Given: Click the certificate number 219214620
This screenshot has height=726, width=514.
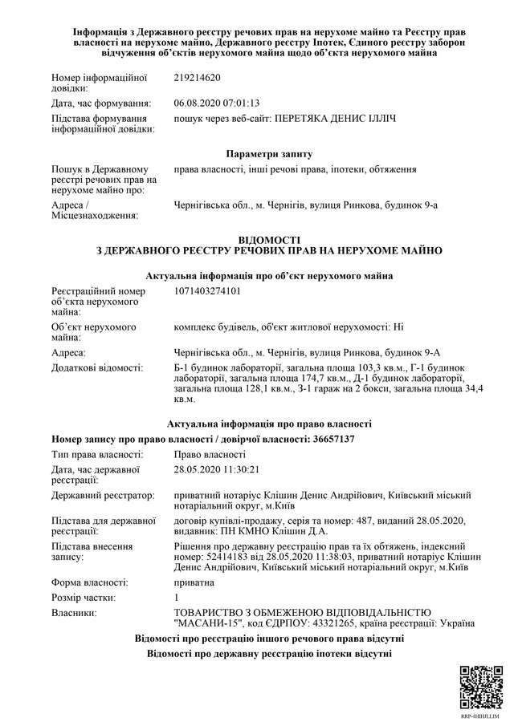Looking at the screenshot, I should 197,78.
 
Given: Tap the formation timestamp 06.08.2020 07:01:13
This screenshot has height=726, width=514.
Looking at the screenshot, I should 216,103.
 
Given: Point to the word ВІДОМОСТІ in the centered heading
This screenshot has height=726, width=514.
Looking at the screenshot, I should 269,240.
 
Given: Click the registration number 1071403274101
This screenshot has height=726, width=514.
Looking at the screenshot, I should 207,290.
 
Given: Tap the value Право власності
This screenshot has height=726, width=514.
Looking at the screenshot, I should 210,455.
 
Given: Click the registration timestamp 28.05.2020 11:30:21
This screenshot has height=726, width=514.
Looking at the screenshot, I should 216,469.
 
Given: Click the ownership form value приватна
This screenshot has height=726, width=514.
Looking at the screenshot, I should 194,582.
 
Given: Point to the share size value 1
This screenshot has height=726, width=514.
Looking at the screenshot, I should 177,598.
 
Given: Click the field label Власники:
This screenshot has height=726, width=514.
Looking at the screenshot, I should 75,613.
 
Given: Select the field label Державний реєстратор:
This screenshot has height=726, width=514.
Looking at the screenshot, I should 102,496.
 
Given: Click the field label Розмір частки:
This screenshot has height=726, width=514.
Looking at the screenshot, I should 83,598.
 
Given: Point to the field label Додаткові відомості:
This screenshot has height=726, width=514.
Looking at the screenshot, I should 97,367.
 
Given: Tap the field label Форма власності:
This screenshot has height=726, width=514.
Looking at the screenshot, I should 89,582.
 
